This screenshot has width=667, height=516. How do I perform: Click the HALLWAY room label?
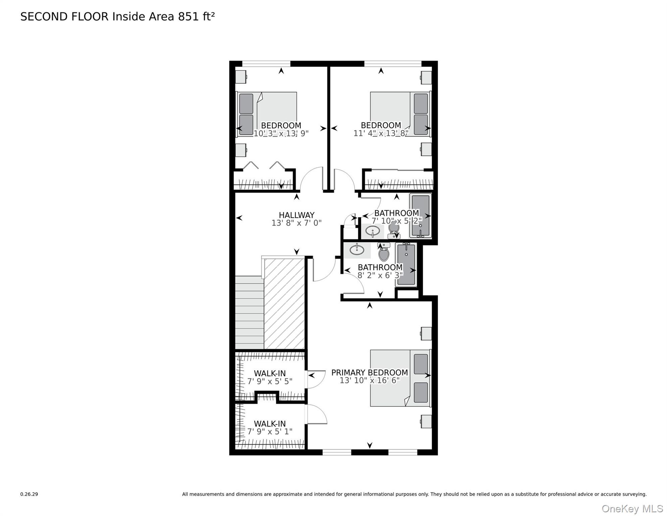(297, 215)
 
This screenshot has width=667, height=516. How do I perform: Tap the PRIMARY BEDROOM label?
(369, 373)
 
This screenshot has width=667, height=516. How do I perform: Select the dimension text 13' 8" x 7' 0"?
(297, 223)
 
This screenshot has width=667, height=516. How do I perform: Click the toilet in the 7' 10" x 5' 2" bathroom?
(394, 230)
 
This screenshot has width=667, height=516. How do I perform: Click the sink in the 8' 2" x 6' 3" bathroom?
(357, 250)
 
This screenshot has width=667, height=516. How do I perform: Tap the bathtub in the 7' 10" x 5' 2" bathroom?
(420, 216)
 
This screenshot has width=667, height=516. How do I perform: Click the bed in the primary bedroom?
(399, 378)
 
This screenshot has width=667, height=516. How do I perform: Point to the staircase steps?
(249, 312)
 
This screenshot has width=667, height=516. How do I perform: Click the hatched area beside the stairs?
(284, 304)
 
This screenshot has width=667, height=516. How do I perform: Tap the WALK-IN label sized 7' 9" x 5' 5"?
(270, 373)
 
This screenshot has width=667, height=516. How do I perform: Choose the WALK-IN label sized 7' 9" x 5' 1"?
(270, 424)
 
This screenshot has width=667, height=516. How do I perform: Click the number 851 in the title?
(188, 17)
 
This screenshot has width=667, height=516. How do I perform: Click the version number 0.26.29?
(29, 494)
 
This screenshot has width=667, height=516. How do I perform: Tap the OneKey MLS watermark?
(632, 509)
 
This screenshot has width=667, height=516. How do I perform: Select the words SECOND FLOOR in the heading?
(64, 17)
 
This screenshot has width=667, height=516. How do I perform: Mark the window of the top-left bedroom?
(266, 63)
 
